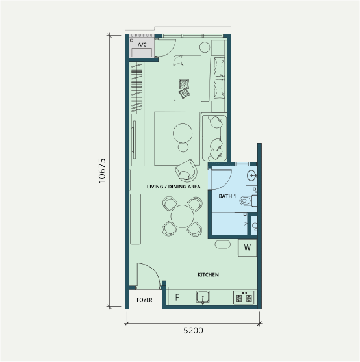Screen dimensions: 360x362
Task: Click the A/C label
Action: pyautogui.click(x=142, y=45)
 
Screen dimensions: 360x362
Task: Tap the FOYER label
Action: pyautogui.click(x=144, y=300)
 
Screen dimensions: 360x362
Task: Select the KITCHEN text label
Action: pyautogui.click(x=208, y=275)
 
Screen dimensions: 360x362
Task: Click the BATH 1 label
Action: pyautogui.click(x=227, y=196)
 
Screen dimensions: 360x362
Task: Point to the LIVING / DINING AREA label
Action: pyautogui.click(x=174, y=187)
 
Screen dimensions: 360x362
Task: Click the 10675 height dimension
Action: pyautogui.click(x=102, y=171)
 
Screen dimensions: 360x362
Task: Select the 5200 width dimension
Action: pyautogui.click(x=194, y=331)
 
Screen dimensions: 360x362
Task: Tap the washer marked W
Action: pyautogui.click(x=248, y=248)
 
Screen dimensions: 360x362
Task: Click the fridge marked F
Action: pyautogui.click(x=177, y=297)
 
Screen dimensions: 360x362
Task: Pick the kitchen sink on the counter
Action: pyautogui.click(x=203, y=297)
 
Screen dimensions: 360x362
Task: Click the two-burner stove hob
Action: pyautogui.click(x=244, y=298)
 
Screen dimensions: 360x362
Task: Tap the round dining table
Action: pyautogui.click(x=183, y=216)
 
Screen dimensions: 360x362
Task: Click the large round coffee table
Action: pyautogui.click(x=183, y=133)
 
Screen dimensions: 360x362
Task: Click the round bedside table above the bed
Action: pyautogui.click(x=205, y=47)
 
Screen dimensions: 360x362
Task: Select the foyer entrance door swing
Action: pyautogui.click(x=154, y=270)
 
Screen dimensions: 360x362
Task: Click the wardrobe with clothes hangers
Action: pyautogui.click(x=136, y=88)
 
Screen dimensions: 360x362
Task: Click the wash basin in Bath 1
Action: pyautogui.click(x=251, y=175)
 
